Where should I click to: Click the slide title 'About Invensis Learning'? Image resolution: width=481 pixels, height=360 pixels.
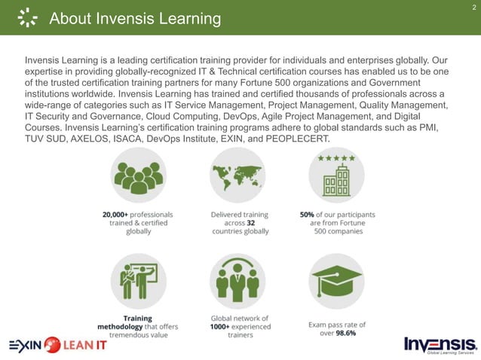click(x=135, y=19)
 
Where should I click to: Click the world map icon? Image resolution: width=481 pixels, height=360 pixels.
click(x=237, y=175)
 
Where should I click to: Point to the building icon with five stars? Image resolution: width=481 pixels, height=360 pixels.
click(x=336, y=176)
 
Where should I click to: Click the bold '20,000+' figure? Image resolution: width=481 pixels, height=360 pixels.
click(x=118, y=214)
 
